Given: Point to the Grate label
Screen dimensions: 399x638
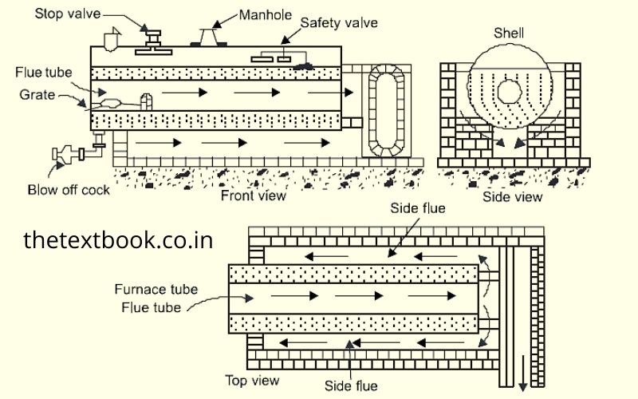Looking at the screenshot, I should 37,94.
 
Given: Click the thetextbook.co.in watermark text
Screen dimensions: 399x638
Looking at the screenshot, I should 118,239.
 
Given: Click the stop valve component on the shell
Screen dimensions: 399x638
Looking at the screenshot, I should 151,36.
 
